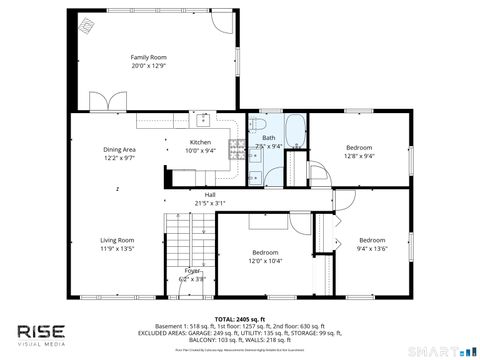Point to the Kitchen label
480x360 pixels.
201,142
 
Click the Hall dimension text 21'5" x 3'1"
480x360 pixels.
210,203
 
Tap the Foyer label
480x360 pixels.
192,271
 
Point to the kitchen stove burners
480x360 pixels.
236,150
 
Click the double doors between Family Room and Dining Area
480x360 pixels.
106,102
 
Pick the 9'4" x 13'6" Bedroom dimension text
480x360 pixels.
372,249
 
